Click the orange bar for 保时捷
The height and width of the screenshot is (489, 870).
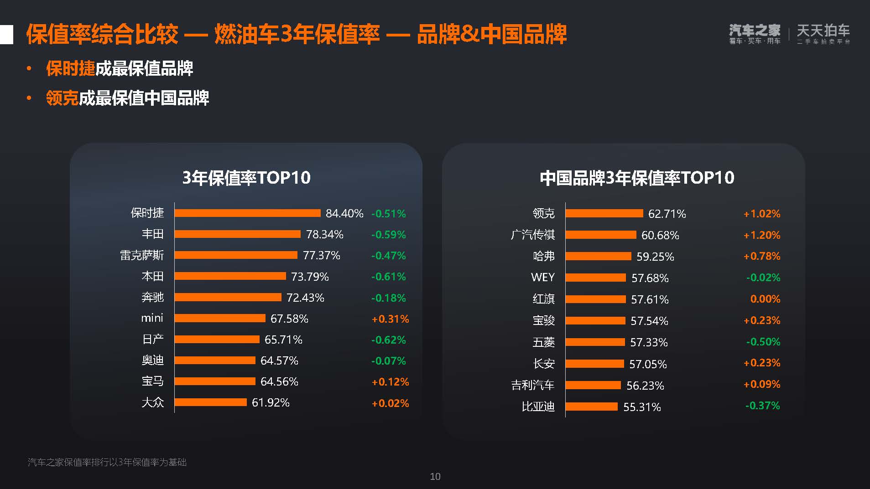248,213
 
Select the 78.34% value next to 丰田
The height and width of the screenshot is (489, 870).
324,234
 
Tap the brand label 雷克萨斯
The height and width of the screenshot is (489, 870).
141,255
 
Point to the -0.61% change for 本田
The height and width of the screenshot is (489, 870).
388,277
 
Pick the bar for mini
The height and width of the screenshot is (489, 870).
220,318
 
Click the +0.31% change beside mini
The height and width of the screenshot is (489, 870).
390,319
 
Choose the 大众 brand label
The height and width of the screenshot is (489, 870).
152,402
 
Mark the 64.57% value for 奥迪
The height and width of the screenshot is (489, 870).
279,360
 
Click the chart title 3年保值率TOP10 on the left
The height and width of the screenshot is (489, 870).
246,178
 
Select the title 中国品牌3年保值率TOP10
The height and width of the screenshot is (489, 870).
637,178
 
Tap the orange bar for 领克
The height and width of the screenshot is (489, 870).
604,213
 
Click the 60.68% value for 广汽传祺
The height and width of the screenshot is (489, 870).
660,235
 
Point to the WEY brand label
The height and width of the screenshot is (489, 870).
543,278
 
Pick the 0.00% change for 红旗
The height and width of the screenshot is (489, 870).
765,299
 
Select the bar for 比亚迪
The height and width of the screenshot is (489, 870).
592,407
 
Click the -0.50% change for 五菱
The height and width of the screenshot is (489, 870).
763,342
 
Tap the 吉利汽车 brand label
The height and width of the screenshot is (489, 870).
532,385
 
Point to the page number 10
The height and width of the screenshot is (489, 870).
435,477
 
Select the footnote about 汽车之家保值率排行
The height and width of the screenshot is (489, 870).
107,462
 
